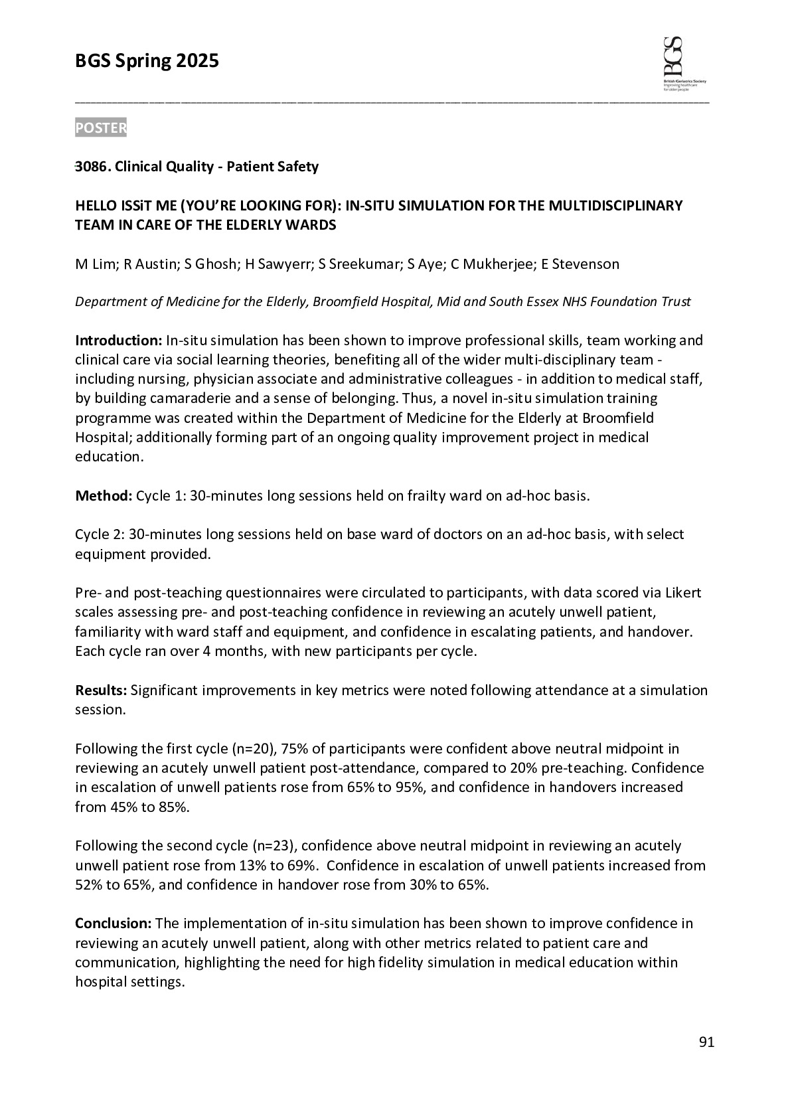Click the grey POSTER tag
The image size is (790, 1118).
[x=100, y=128]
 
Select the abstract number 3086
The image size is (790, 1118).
[x=91, y=167]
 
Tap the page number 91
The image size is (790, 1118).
[x=706, y=1042]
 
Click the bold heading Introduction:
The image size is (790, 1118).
[x=119, y=341]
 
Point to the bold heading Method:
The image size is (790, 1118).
[x=104, y=496]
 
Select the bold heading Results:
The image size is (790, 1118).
[x=101, y=690]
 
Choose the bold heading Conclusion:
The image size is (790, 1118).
[x=114, y=923]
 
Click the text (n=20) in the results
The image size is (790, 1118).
[x=253, y=749]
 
